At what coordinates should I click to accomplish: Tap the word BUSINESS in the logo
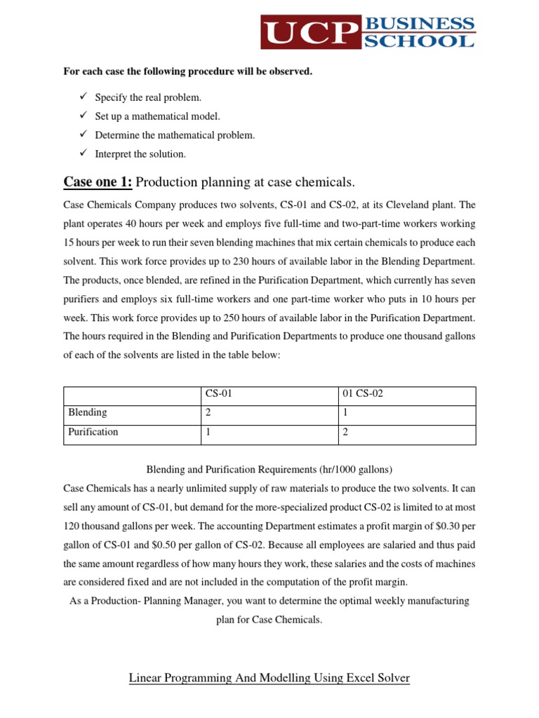pos(419,24)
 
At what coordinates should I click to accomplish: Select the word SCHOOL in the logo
pos(419,41)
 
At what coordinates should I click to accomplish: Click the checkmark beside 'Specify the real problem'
pos(81,97)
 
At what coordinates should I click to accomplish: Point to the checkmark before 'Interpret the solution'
pos(81,154)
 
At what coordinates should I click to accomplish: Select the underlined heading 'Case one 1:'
pos(98,182)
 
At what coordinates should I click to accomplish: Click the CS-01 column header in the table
pos(218,394)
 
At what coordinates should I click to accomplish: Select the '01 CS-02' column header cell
pos(364,394)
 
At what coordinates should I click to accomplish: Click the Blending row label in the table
pos(88,413)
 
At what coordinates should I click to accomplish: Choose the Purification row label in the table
pos(93,432)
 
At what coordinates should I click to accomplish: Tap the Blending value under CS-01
pos(208,413)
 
